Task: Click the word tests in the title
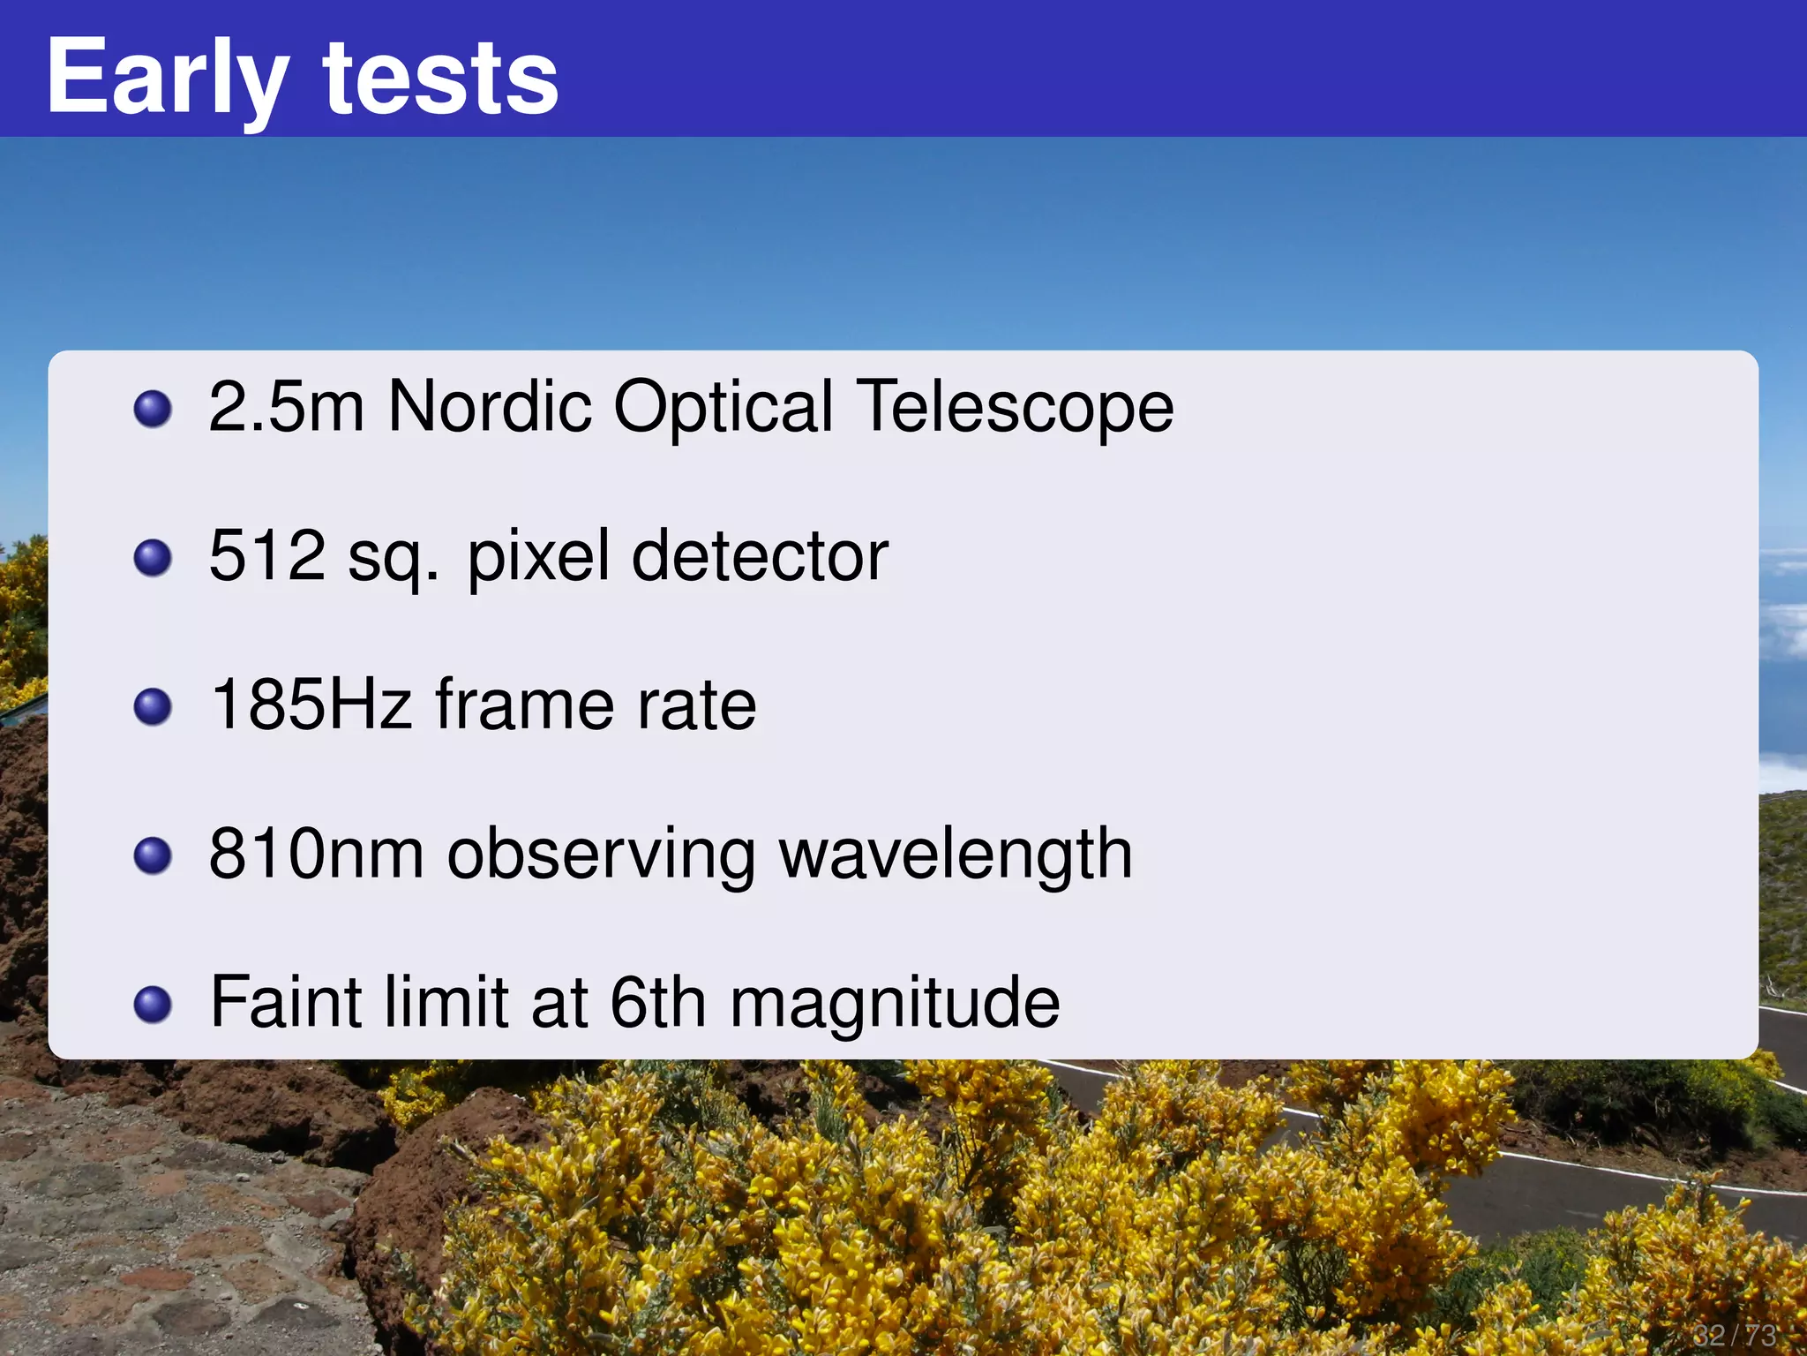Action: coord(440,79)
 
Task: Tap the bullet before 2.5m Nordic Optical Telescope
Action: coord(153,409)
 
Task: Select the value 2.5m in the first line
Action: coord(286,407)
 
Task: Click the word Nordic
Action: coord(490,407)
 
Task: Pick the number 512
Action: coord(267,556)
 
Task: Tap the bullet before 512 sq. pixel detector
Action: coord(153,558)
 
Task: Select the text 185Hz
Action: coord(311,705)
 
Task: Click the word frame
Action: coord(524,705)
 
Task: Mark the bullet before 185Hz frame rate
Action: coord(153,706)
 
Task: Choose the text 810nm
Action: coord(316,854)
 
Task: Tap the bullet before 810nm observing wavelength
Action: coord(153,855)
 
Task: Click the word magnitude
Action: coord(895,1005)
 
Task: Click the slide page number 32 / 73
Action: coord(1734,1334)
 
